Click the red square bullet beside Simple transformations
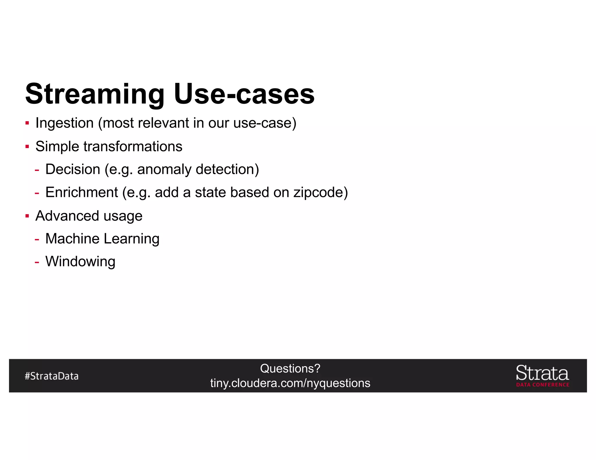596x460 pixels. tap(27, 146)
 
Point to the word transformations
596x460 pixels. tap(133, 146)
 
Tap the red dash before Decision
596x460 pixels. tap(37, 170)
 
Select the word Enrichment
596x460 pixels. tap(81, 192)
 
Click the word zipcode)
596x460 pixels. tap(320, 192)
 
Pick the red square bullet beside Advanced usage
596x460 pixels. tap(27, 216)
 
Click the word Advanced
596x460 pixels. tap(67, 216)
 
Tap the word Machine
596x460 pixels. tap(72, 239)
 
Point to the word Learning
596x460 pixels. tap(131, 239)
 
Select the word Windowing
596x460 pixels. tap(80, 261)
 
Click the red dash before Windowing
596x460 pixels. tap(37, 262)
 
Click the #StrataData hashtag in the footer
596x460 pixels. tap(52, 376)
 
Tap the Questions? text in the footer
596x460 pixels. tap(290, 369)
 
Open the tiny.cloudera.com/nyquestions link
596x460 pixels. tap(290, 383)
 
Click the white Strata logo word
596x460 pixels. tap(542, 373)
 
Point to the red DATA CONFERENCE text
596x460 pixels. tap(542, 385)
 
